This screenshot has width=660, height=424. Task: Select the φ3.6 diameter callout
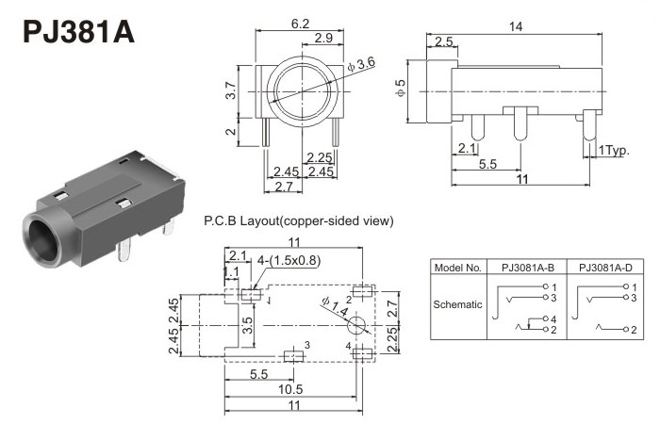coord(362,63)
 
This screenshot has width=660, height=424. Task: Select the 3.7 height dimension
coord(230,90)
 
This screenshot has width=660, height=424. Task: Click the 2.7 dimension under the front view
coord(282,188)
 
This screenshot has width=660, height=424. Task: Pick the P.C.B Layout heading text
coord(298,221)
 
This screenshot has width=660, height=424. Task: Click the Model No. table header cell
coord(457,268)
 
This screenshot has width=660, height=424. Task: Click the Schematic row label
coord(457,304)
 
